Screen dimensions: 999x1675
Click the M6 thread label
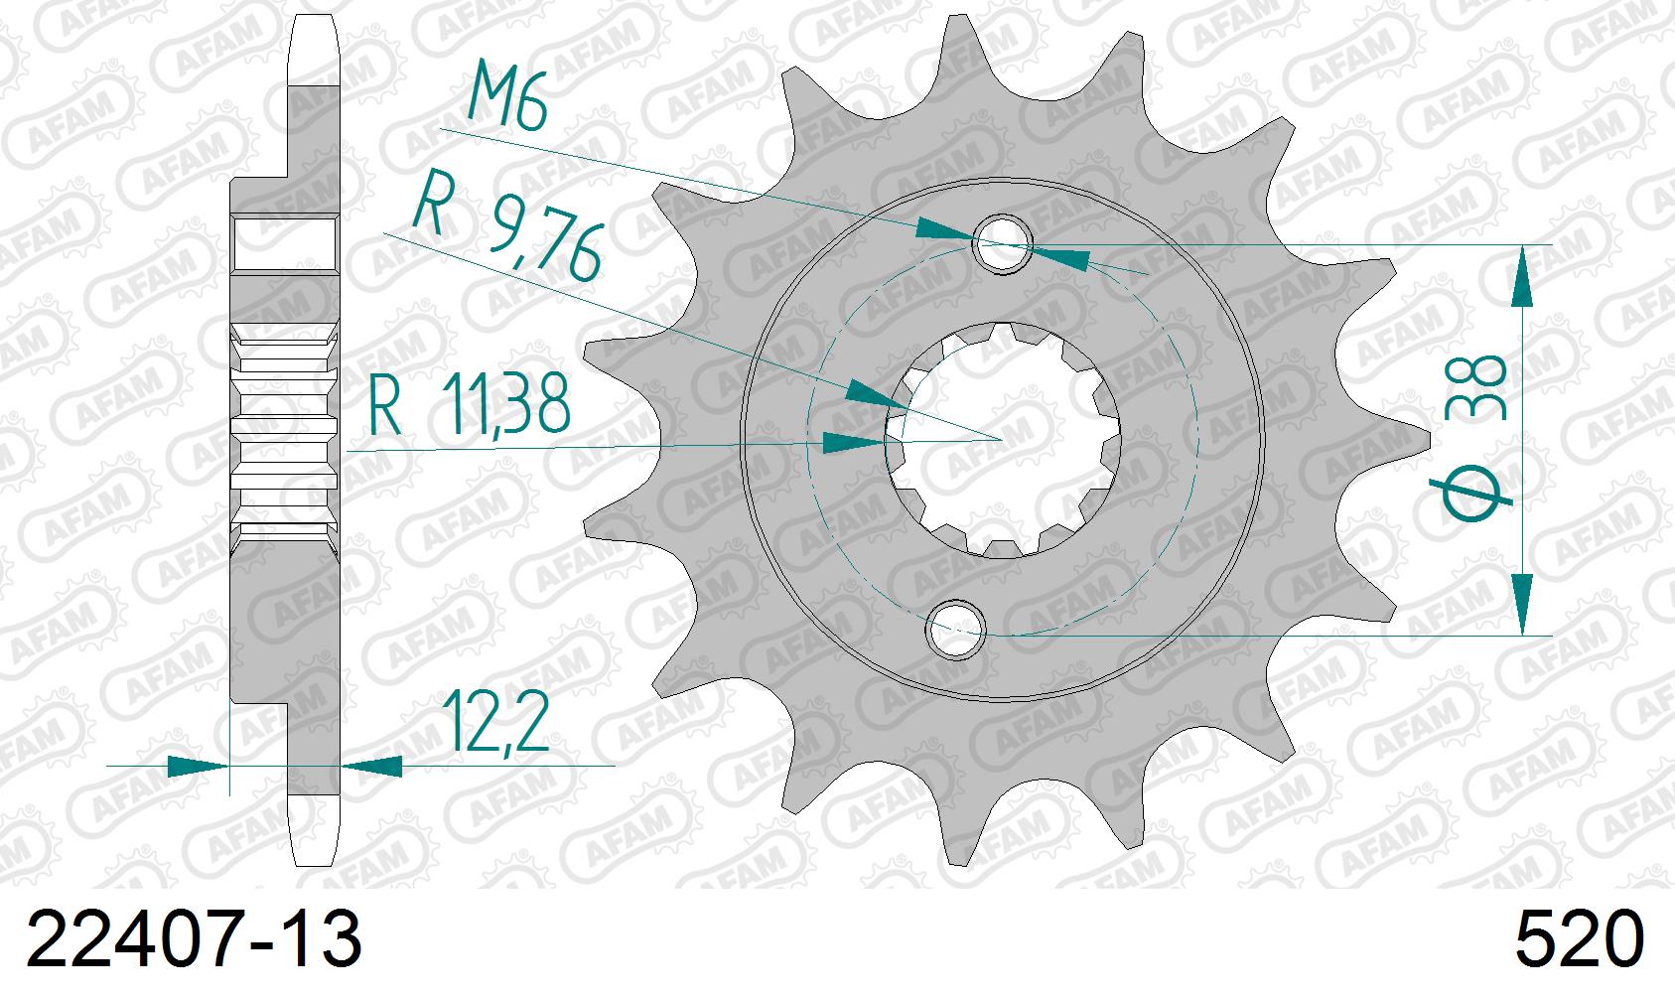point(507,95)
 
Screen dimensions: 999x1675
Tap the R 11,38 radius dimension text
point(470,404)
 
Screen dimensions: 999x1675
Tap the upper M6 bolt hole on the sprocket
point(1004,243)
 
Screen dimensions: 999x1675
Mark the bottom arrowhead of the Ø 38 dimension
point(1521,602)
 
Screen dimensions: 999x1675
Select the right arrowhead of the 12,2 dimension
point(373,766)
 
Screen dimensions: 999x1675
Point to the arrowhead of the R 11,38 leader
point(854,443)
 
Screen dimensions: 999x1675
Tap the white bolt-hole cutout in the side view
point(285,244)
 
